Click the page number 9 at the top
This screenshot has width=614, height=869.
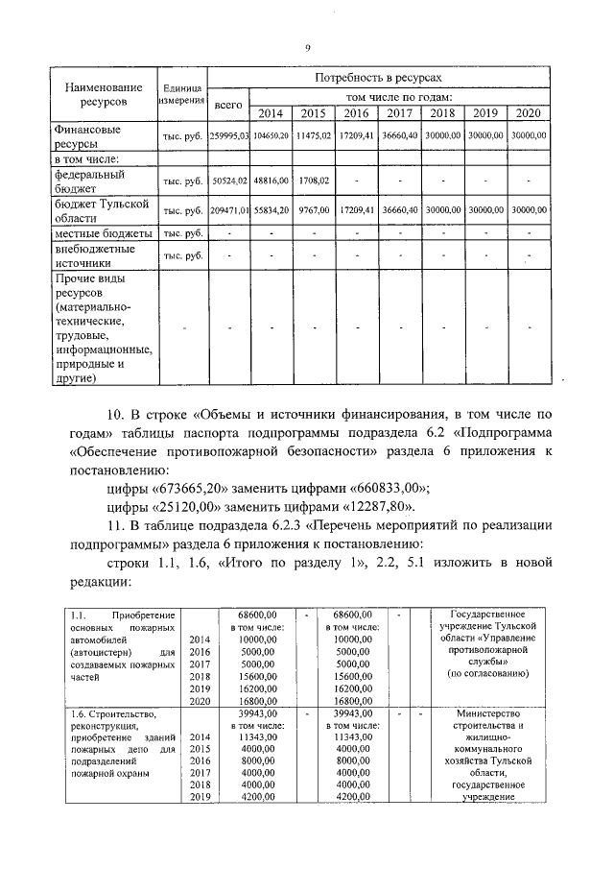(307, 48)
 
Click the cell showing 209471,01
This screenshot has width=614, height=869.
(229, 209)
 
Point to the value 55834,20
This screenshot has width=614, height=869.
(272, 209)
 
